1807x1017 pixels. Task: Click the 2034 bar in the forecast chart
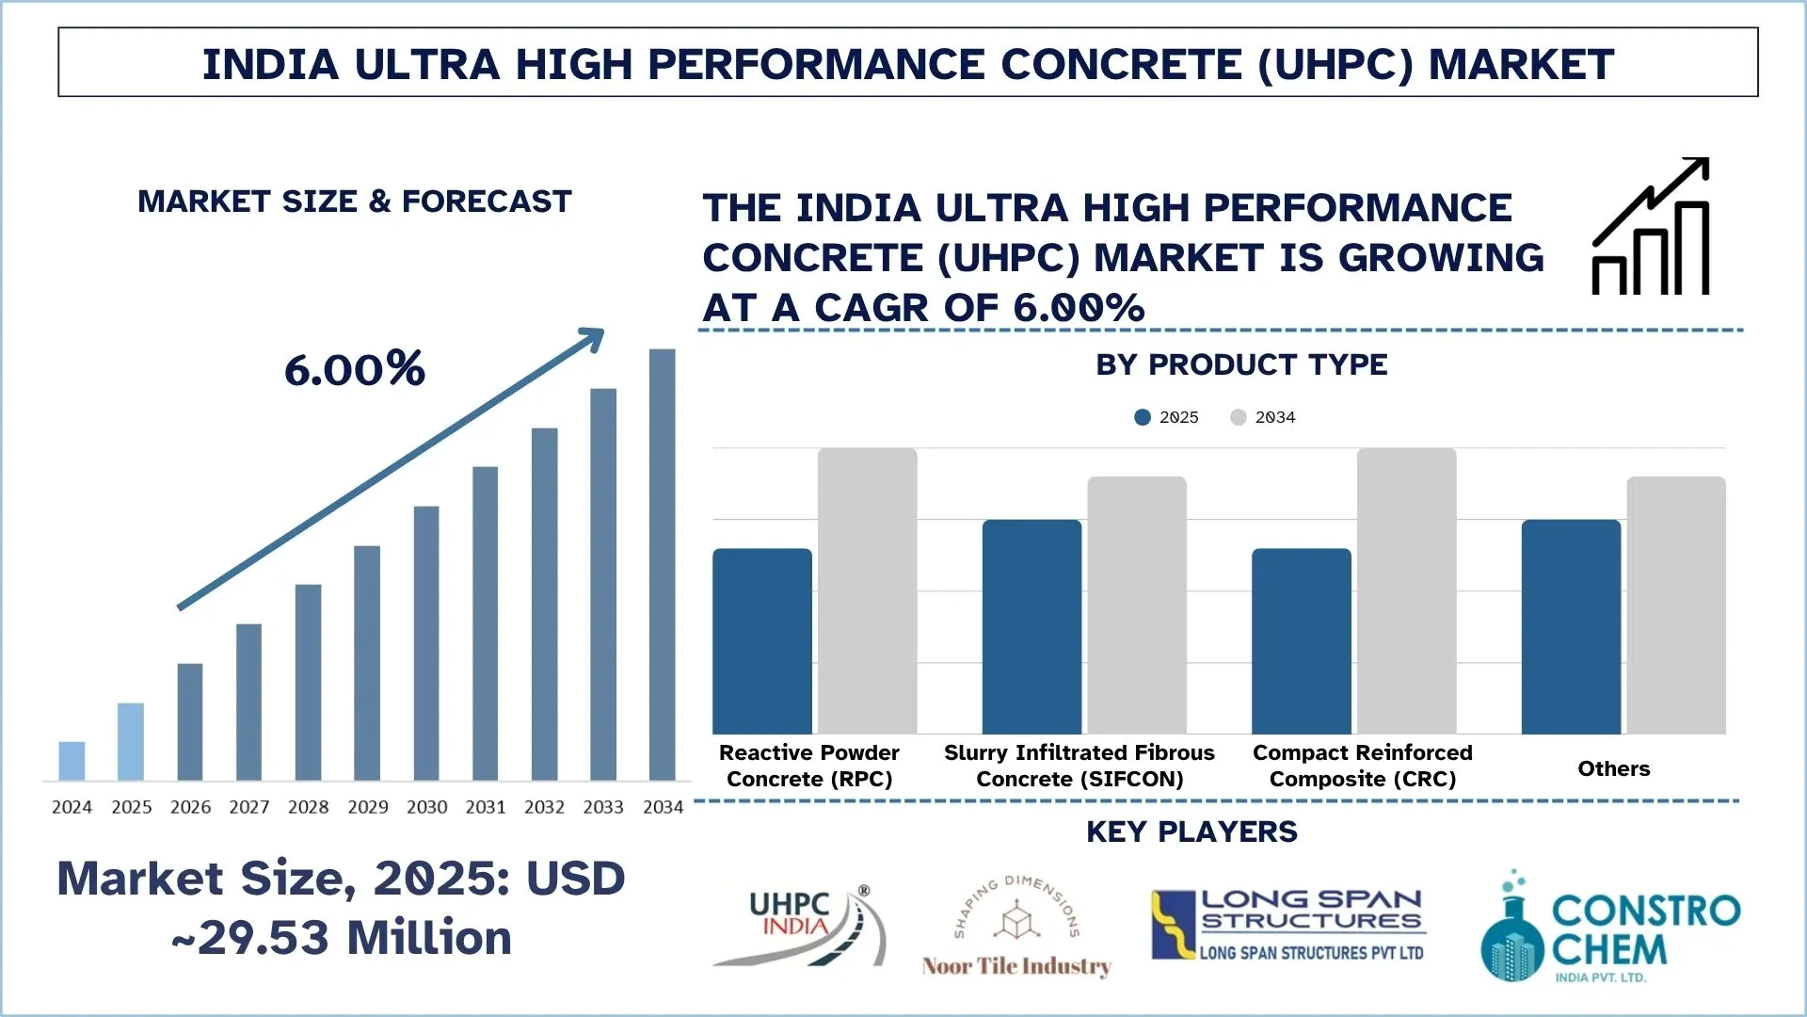[662, 565]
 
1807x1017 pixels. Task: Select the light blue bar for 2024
[72, 761]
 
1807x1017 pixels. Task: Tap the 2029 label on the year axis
[367, 807]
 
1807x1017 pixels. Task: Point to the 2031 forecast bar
[485, 623]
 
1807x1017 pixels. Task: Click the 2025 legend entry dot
[1143, 417]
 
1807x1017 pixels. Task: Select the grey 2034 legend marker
[1239, 417]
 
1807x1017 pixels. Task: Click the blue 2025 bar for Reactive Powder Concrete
[761, 640]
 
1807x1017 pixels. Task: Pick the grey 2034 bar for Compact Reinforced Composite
[1406, 590]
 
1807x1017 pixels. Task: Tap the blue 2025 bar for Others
[1571, 626]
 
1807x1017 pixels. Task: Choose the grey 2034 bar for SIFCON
[1137, 605]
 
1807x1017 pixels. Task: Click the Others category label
[1613, 768]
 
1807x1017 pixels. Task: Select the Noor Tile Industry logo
[1016, 928]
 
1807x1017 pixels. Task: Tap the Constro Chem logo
[1609, 928]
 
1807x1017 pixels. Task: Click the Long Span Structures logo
[1289, 925]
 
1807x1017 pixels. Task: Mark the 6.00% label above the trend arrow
[355, 369]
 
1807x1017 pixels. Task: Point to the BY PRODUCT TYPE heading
[1241, 364]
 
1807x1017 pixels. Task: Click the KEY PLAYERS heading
[1191, 831]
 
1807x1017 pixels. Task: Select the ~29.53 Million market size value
[342, 938]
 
